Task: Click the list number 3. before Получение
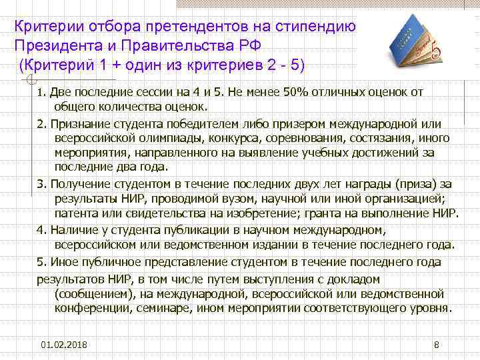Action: pyautogui.click(x=41, y=183)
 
